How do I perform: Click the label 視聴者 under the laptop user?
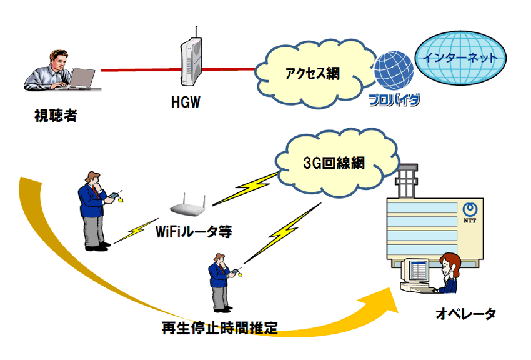(56, 116)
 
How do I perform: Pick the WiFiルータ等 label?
(192, 232)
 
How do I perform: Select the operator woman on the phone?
(449, 273)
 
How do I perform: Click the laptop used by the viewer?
(80, 80)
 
